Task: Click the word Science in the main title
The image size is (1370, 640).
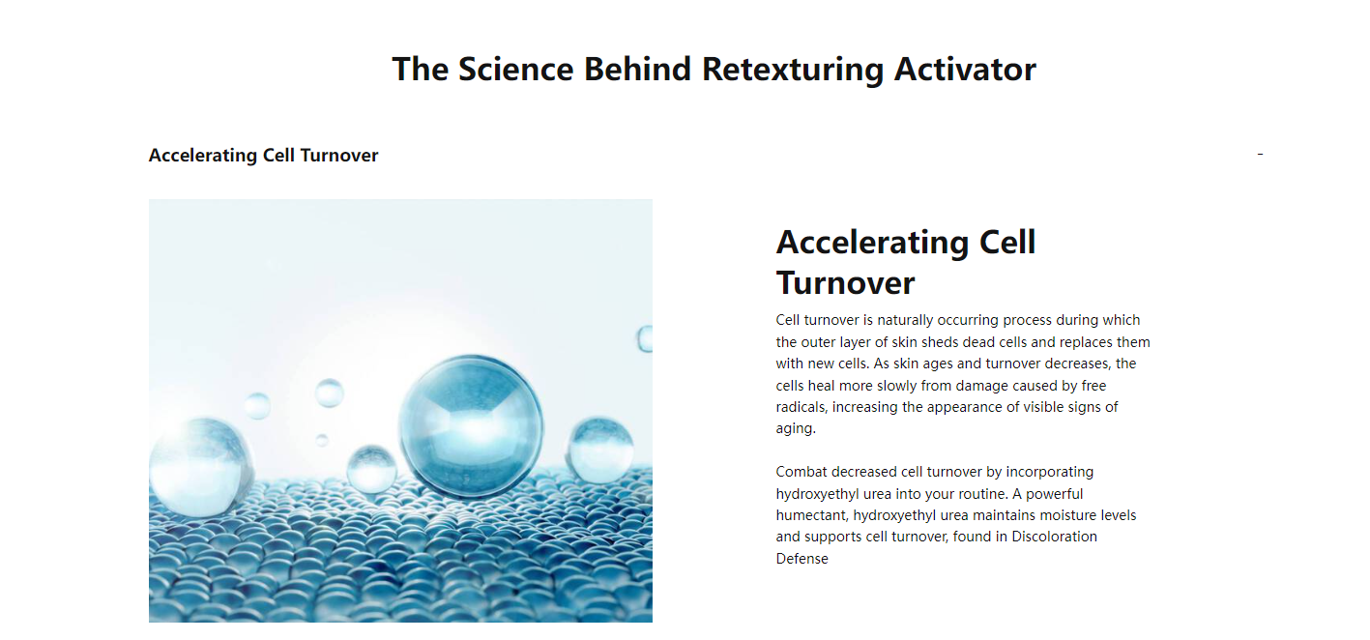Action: [515, 69]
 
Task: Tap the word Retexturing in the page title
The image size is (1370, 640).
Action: [793, 70]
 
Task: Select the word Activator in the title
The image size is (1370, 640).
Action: [965, 69]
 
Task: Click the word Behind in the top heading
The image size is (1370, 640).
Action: [637, 69]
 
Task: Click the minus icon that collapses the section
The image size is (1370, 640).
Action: [1260, 154]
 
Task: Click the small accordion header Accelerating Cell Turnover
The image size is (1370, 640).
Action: [263, 156]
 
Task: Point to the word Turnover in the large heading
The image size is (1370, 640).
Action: [845, 282]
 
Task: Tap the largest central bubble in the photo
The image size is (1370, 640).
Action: [470, 425]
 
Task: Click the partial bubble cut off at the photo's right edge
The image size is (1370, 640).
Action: [645, 338]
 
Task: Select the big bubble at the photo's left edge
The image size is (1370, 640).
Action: [199, 466]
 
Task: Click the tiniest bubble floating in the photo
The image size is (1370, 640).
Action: [322, 440]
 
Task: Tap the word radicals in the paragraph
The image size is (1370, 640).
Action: [801, 407]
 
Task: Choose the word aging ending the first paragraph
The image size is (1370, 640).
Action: [796, 429]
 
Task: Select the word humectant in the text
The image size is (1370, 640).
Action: [811, 515]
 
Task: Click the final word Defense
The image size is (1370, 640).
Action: [802, 559]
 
